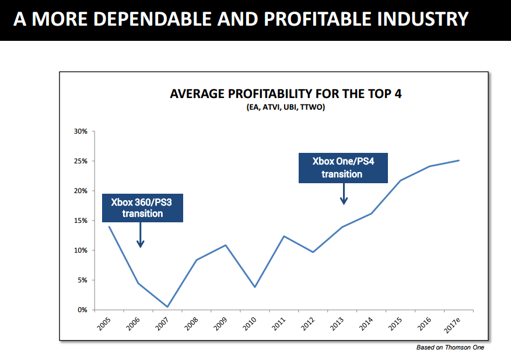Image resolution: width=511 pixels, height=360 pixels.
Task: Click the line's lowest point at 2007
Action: point(167,307)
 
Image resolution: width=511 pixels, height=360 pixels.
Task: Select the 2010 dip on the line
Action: point(255,287)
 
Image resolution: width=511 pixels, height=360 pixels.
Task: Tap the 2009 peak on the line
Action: point(226,245)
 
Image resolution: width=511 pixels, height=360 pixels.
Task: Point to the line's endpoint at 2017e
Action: point(459,160)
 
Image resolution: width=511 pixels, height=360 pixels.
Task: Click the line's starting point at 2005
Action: point(109,226)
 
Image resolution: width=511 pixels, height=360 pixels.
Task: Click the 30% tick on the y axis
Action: point(80,131)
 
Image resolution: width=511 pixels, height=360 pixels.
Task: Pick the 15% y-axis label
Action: point(80,221)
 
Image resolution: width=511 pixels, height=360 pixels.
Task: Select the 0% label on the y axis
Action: point(82,310)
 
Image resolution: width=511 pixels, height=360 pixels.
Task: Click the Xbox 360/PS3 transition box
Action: point(142,208)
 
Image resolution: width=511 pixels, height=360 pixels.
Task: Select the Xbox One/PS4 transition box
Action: point(343,167)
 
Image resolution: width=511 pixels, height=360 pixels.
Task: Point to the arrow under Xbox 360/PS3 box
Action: point(140,236)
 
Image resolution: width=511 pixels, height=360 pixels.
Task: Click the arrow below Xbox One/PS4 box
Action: point(344,194)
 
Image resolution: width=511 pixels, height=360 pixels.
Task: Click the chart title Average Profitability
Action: point(285,94)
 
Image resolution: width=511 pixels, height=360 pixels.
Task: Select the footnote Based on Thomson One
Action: point(450,348)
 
